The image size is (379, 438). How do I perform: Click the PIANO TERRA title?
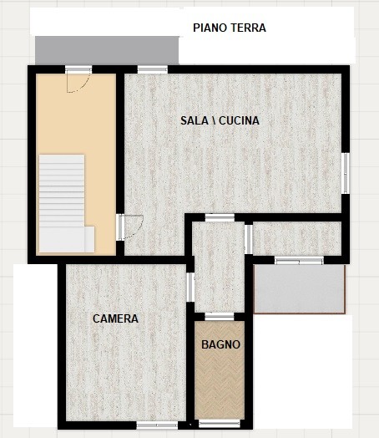click(x=230, y=28)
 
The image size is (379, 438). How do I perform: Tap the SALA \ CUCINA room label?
click(x=220, y=120)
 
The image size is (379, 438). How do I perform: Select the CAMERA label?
click(x=115, y=318)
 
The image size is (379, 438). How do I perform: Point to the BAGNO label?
click(x=221, y=344)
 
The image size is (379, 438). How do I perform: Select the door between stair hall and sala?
click(x=120, y=227)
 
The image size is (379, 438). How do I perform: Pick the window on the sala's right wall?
click(x=346, y=173)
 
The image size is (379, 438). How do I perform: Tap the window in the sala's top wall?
click(x=153, y=69)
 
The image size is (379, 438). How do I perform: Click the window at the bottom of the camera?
click(x=157, y=425)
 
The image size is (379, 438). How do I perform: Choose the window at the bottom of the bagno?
click(x=220, y=424)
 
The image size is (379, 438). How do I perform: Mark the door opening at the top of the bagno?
click(x=220, y=317)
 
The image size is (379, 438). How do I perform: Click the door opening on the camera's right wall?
click(x=190, y=288)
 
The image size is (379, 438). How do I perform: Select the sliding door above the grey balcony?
click(x=299, y=261)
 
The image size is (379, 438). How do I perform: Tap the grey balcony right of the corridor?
click(x=299, y=289)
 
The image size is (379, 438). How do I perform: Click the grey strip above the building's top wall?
click(x=107, y=50)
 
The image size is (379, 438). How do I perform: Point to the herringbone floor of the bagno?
click(x=220, y=370)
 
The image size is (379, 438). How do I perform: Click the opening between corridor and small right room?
click(x=249, y=239)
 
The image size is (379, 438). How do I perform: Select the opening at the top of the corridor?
click(x=220, y=217)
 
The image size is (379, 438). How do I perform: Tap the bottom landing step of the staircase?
click(x=67, y=240)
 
